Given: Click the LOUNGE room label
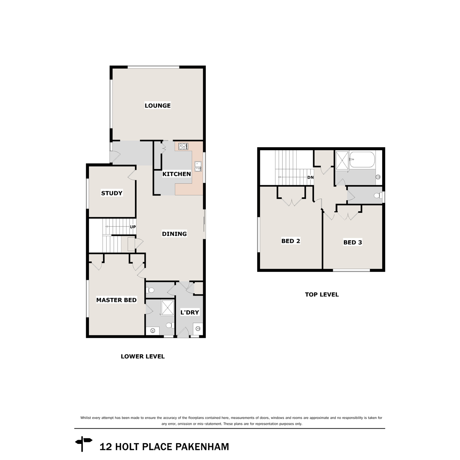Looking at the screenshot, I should tap(157, 105).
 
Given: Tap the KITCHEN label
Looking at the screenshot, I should tap(176, 174).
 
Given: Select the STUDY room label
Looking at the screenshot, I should tap(112, 193).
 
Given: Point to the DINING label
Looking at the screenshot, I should tap(174, 234).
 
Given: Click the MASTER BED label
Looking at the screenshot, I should tap(116, 300).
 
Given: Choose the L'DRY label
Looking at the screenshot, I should tap(190, 312).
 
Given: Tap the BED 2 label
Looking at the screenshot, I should tap(291, 241).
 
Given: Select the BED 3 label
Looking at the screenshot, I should tap(352, 242).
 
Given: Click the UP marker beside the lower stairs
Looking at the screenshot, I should tap(133, 227).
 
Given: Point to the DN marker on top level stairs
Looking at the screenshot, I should tap(310, 177).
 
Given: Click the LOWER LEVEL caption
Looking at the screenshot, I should tap(143, 356).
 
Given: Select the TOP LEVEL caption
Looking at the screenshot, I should tap(322, 295).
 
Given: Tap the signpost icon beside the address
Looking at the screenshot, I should tap(84, 445).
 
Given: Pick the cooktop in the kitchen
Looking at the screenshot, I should tap(183, 146).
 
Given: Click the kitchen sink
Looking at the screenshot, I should tap(198, 167).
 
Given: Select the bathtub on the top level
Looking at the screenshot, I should tap(362, 160).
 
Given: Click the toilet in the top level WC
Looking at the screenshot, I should tap(378, 196).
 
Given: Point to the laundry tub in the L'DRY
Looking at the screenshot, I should tap(197, 329).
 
